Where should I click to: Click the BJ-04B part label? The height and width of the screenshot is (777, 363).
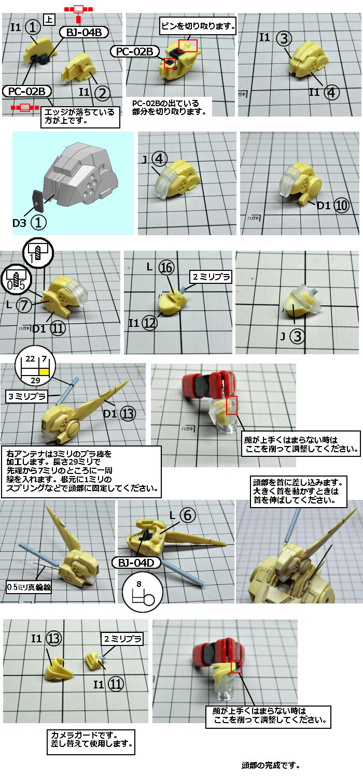pyautogui.click(x=83, y=32)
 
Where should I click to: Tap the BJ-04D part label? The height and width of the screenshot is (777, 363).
pyautogui.click(x=136, y=563)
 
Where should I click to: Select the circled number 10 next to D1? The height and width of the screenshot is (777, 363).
pyautogui.click(x=341, y=206)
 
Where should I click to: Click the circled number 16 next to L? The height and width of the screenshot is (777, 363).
pyautogui.click(x=166, y=267)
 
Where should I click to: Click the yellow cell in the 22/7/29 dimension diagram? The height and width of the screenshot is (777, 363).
pyautogui.click(x=44, y=372)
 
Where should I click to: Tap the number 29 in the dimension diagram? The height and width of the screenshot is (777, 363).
pyautogui.click(x=35, y=380)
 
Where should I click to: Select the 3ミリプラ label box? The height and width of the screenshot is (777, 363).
pyautogui.click(x=27, y=396)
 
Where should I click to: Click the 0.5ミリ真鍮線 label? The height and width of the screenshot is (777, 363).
pyautogui.click(x=29, y=587)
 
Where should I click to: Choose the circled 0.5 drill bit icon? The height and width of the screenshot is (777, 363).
pyautogui.click(x=16, y=279)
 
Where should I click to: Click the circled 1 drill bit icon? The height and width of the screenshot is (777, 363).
pyautogui.click(x=37, y=253)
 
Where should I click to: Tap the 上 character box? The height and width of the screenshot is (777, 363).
pyautogui.click(x=49, y=20)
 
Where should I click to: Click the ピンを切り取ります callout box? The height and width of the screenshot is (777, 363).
pyautogui.click(x=198, y=26)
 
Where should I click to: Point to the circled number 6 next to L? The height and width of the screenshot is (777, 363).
pyautogui.click(x=188, y=515)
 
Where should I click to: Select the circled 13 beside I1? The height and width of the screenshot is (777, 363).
pyautogui.click(x=54, y=638)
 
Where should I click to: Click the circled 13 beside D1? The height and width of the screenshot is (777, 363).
pyautogui.click(x=128, y=413)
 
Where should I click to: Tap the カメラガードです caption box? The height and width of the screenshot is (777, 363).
pyautogui.click(x=91, y=742)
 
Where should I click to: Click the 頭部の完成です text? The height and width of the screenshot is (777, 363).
pyautogui.click(x=271, y=765)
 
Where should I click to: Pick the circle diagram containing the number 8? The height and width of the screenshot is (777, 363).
pyautogui.click(x=143, y=592)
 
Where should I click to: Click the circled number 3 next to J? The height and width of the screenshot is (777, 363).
pyautogui.click(x=298, y=336)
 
